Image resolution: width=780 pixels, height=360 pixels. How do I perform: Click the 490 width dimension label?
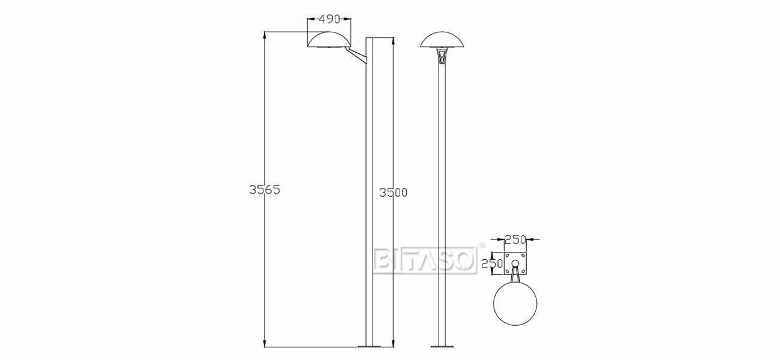point(329,19)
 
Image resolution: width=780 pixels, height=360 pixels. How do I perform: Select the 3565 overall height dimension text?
point(265,190)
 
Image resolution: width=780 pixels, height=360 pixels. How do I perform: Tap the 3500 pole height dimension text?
point(394,193)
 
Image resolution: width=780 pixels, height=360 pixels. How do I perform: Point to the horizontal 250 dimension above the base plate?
point(515,239)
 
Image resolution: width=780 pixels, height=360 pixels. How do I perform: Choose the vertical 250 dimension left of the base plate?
point(491,263)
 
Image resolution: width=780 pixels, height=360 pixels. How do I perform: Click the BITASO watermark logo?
point(425,260)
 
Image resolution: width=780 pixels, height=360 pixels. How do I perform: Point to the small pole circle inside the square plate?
point(515,264)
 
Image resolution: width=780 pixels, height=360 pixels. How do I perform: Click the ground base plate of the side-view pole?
point(370,346)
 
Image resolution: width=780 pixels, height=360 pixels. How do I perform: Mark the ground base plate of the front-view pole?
point(442,346)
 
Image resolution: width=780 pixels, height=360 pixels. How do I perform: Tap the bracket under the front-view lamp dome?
point(442,57)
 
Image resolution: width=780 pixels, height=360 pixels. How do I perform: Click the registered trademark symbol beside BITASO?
point(480,245)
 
